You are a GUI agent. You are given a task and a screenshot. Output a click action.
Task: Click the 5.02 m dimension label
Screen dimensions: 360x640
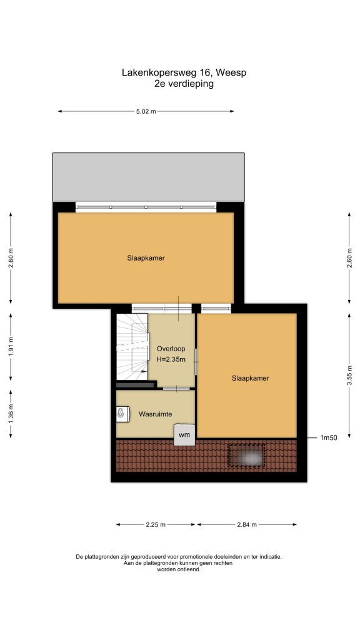(x=146, y=111)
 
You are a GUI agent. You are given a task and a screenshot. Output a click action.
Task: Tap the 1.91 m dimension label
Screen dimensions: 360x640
(x=11, y=346)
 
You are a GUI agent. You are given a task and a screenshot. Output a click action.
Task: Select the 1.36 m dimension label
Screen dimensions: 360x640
(x=11, y=414)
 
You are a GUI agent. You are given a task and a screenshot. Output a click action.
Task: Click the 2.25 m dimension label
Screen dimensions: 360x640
(x=156, y=524)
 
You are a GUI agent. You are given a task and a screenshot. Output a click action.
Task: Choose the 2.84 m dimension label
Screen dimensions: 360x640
(x=246, y=524)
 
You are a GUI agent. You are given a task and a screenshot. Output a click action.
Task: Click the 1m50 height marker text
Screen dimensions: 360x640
(x=328, y=438)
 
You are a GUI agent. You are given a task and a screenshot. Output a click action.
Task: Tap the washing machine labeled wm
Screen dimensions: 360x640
(x=184, y=435)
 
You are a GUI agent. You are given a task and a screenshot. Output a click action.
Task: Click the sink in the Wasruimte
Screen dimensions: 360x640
(x=123, y=414)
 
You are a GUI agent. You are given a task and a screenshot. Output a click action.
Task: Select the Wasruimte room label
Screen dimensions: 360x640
(x=155, y=414)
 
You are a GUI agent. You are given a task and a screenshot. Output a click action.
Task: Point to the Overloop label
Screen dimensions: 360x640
(x=171, y=349)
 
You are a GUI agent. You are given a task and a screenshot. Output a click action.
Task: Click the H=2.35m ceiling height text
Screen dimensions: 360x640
(x=171, y=359)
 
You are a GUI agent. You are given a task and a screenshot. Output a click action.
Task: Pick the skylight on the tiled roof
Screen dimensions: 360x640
(x=246, y=456)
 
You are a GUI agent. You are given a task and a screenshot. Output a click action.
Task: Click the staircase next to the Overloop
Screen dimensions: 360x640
(x=132, y=346)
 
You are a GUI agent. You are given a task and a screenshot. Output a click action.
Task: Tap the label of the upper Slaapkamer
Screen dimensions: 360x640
(x=146, y=258)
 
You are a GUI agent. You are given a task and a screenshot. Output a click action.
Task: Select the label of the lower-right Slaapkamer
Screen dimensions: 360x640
(x=250, y=378)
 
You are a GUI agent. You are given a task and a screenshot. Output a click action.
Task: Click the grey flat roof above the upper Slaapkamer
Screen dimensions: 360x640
(x=149, y=177)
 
